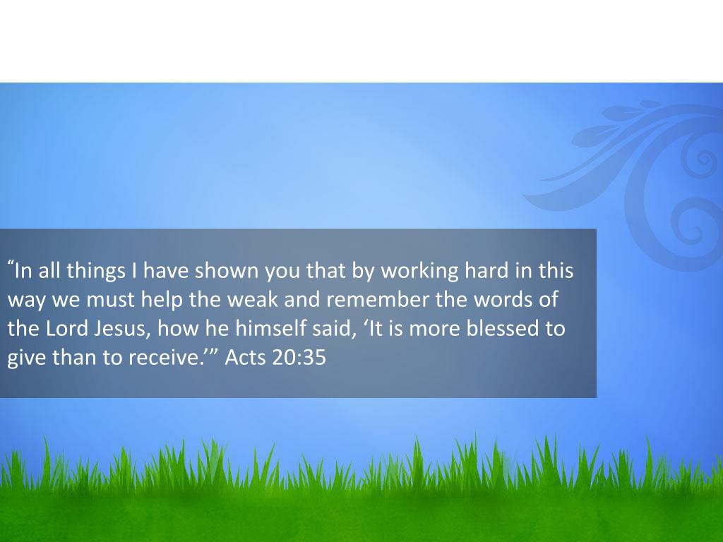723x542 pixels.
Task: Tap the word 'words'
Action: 502,301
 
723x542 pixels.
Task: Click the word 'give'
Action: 25,359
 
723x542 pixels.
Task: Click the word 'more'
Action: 436,330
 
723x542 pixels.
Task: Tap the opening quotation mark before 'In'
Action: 11,265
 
